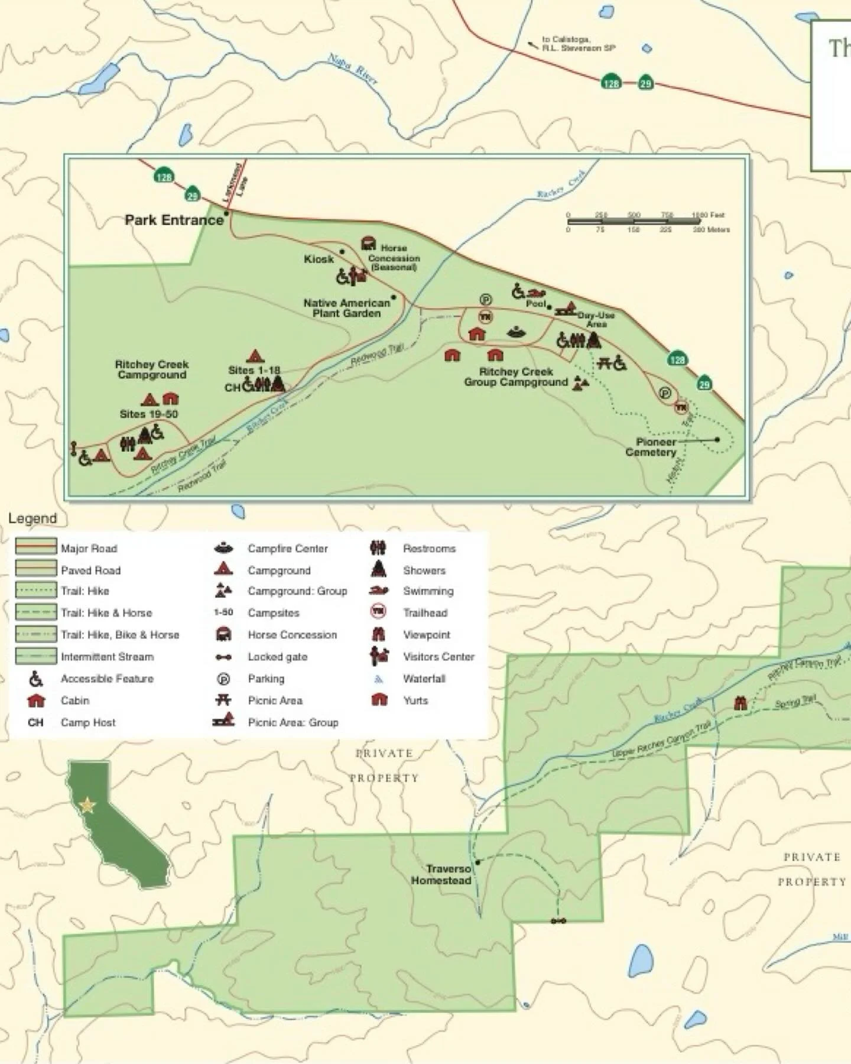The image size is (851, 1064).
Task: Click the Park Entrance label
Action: pyautogui.click(x=174, y=220)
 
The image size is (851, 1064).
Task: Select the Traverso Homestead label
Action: pyautogui.click(x=441, y=874)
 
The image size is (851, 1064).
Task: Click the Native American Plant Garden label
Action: pyautogui.click(x=346, y=308)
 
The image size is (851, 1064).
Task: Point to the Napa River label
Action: pyautogui.click(x=353, y=69)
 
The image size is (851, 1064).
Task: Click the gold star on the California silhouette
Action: pyautogui.click(x=87, y=805)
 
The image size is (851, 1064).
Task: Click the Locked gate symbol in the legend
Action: pyautogui.click(x=223, y=657)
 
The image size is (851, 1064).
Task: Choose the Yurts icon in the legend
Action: pyautogui.click(x=379, y=700)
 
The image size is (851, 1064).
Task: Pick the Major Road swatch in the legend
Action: pyautogui.click(x=36, y=547)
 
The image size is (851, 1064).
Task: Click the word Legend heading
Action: pyautogui.click(x=33, y=518)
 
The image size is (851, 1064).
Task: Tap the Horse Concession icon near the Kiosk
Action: pyautogui.click(x=368, y=244)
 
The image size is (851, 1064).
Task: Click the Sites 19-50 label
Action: pyautogui.click(x=148, y=414)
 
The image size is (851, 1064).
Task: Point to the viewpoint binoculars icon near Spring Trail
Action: pyautogui.click(x=740, y=703)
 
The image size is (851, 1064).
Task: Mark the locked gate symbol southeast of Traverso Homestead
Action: pyautogui.click(x=558, y=921)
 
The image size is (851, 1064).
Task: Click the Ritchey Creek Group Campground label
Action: pyautogui.click(x=515, y=377)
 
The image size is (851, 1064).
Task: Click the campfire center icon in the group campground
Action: pyautogui.click(x=517, y=332)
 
